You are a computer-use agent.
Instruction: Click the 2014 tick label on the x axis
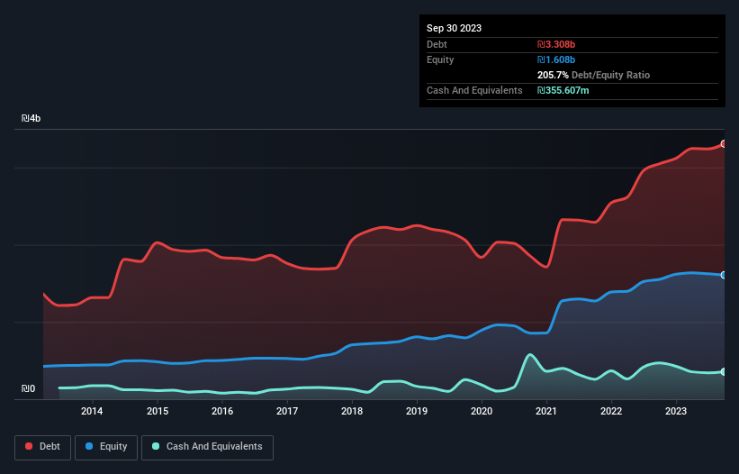tap(92, 412)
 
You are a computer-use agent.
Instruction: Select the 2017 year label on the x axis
tap(287, 412)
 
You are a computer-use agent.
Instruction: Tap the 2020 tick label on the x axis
tap(482, 412)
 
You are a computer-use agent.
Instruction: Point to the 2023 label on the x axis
tap(676, 412)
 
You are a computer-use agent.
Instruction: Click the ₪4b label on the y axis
tap(32, 119)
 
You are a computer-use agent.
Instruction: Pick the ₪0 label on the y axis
tap(29, 389)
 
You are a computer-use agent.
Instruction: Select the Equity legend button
tap(106, 447)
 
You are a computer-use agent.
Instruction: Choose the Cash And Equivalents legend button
tap(207, 447)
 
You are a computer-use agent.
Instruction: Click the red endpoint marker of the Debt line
tap(724, 144)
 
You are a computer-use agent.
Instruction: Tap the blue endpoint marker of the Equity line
tap(724, 275)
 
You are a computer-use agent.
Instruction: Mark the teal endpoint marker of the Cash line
tap(724, 371)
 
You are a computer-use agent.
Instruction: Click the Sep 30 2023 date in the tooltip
tap(454, 28)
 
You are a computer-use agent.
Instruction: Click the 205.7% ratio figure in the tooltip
tap(555, 75)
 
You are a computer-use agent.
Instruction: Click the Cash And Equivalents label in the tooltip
tap(474, 90)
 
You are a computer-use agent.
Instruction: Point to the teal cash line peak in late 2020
tap(530, 355)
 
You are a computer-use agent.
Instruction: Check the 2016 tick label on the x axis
tap(222, 412)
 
